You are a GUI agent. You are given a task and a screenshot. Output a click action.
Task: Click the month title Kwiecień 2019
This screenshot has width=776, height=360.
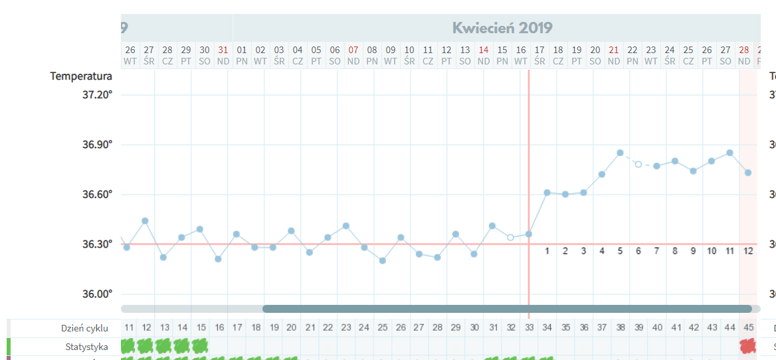(502, 28)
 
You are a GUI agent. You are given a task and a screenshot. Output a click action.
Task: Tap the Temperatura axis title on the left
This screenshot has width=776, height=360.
(81, 76)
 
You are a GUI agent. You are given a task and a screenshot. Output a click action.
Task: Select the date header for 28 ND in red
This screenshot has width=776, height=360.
(744, 55)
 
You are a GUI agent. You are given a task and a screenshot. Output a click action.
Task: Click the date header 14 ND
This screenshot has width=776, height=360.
(484, 55)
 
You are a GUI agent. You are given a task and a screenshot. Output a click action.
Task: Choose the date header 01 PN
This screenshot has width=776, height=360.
(242, 55)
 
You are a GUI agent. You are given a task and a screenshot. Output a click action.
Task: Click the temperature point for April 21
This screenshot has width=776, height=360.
(620, 153)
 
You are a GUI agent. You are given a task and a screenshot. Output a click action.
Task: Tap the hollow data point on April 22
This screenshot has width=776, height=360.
(638, 164)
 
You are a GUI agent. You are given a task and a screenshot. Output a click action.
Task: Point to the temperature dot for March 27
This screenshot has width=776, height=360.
(145, 221)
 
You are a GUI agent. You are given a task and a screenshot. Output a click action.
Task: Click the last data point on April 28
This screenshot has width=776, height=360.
(748, 173)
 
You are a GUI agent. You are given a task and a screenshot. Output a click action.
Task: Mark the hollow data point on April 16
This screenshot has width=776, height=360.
(510, 237)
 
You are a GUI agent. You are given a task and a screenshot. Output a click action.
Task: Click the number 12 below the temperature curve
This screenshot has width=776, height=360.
(748, 251)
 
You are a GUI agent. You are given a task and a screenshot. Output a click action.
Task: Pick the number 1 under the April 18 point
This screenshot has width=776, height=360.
(547, 251)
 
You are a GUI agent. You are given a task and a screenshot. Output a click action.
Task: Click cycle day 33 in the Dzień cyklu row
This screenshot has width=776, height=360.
(529, 327)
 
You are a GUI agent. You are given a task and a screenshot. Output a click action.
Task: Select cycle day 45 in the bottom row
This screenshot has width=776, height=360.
(748, 327)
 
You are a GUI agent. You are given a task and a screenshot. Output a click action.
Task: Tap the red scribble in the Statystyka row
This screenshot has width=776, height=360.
(748, 346)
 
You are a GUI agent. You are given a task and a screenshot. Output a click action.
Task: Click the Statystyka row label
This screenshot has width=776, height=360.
(86, 347)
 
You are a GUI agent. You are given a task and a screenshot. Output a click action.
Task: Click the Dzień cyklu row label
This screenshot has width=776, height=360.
(84, 328)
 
